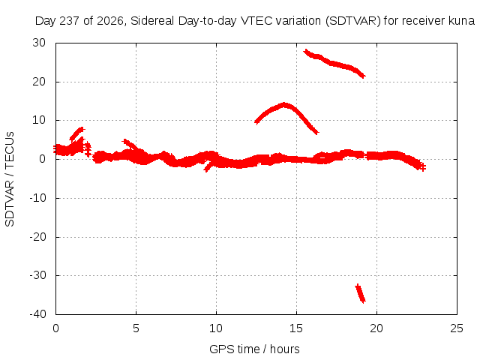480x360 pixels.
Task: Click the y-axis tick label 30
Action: [39, 43]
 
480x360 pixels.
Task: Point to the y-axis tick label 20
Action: [39, 82]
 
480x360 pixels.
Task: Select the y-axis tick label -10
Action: [37, 198]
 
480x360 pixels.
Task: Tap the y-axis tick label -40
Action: [37, 314]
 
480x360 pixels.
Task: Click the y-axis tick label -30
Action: [37, 275]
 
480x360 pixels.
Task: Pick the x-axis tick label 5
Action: [136, 328]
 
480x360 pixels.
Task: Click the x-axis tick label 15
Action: [296, 328]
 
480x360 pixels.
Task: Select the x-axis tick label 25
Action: [457, 328]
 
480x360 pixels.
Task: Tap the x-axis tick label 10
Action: [216, 328]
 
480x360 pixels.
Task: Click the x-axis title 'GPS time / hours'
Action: [254, 349]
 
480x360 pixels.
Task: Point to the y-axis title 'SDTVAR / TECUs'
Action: [10, 179]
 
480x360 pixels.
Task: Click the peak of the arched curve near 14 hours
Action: [284, 105]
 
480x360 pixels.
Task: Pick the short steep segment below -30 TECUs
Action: [360, 293]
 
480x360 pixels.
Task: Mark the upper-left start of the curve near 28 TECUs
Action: [306, 52]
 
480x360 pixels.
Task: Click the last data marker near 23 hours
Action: [422, 167]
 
